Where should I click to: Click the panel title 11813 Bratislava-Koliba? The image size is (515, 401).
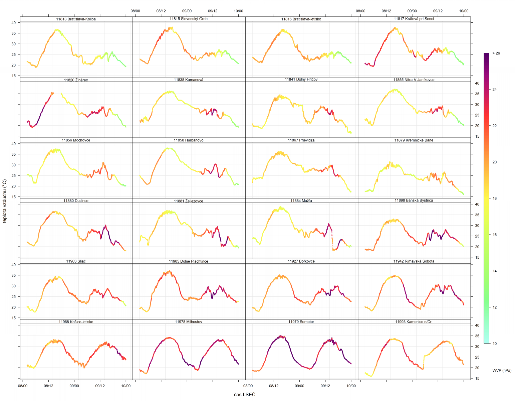pyautogui.click(x=76, y=19)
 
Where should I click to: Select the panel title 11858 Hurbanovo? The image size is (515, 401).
pyautogui.click(x=189, y=140)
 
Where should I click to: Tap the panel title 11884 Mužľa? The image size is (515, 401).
pyautogui.click(x=301, y=200)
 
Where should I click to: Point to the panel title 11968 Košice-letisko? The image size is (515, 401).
pyautogui.click(x=76, y=322)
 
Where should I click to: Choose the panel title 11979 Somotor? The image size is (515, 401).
pyautogui.click(x=301, y=321)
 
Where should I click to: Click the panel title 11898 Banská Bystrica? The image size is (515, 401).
pyautogui.click(x=414, y=200)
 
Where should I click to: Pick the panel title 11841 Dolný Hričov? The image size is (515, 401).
pyautogui.click(x=301, y=79)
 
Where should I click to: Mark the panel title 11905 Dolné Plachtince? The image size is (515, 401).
pyautogui.click(x=189, y=261)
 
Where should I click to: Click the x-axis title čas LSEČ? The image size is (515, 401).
pyautogui.click(x=245, y=395)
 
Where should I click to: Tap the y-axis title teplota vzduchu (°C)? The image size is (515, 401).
pyautogui.click(x=5, y=200)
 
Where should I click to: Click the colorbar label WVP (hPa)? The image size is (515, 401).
pyautogui.click(x=502, y=370)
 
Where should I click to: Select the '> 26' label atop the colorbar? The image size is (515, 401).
pyautogui.click(x=496, y=53)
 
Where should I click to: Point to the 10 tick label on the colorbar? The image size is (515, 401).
pyautogui.click(x=494, y=344)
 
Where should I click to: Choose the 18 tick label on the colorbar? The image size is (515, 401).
pyautogui.click(x=494, y=198)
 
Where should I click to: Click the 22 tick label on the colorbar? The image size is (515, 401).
pyautogui.click(x=494, y=126)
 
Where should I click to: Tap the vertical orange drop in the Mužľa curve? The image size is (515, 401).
pyautogui.click(x=332, y=241)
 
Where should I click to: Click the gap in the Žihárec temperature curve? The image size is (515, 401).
pyautogui.click(x=57, y=93)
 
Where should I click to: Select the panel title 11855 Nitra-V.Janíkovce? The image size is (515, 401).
pyautogui.click(x=414, y=80)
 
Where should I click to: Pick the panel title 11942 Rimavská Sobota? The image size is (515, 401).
pyautogui.click(x=414, y=261)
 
